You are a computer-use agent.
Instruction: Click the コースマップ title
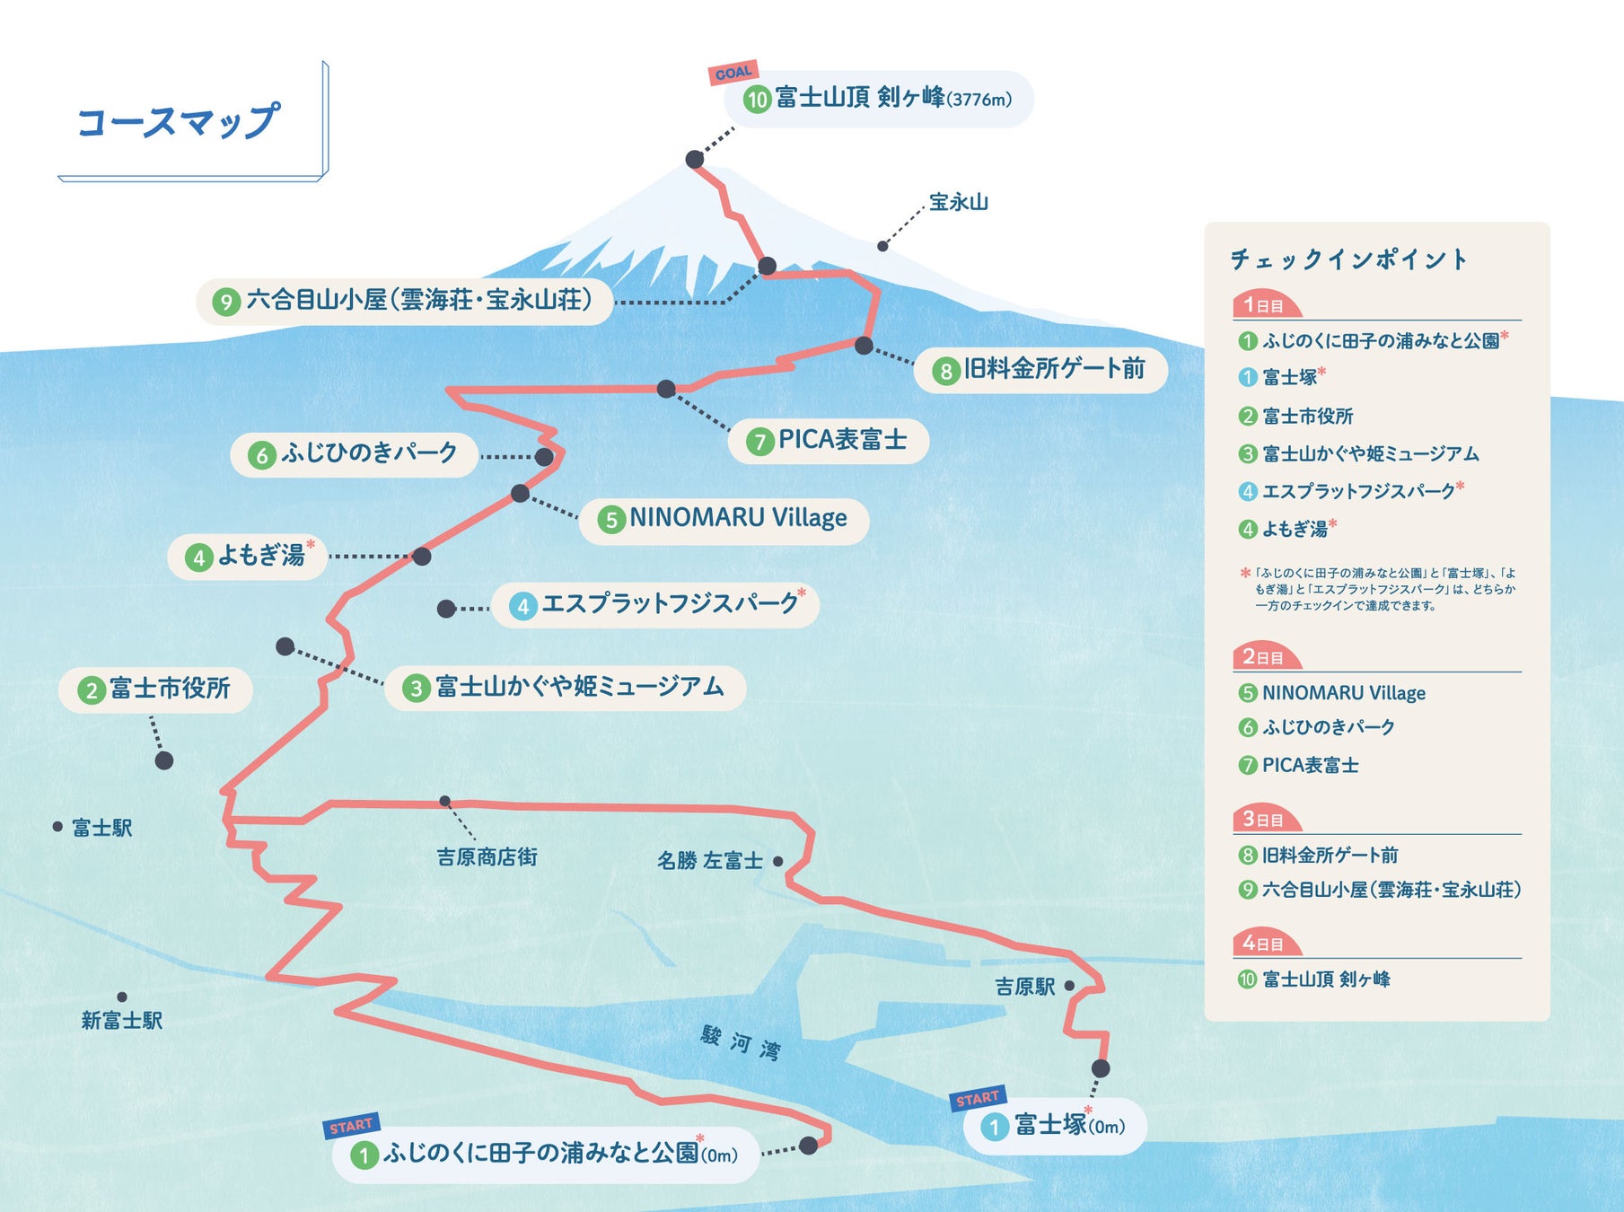(x=178, y=121)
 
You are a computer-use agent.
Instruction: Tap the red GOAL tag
(x=733, y=73)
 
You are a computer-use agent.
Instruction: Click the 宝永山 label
(x=958, y=202)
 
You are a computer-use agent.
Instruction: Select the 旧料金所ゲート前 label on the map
(x=1054, y=369)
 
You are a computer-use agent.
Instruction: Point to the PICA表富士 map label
(x=841, y=440)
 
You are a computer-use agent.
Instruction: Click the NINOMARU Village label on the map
(x=737, y=518)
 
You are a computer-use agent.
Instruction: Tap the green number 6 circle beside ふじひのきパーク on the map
(x=261, y=455)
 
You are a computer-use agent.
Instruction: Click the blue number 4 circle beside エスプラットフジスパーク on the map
(x=522, y=606)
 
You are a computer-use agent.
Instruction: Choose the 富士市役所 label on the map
(x=169, y=689)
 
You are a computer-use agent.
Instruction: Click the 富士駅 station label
(x=101, y=828)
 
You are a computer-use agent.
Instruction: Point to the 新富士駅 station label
(x=122, y=1021)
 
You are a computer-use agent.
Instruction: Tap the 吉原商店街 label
(x=487, y=857)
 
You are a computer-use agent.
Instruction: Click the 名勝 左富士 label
(x=709, y=861)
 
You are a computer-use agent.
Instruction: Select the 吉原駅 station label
(x=1024, y=987)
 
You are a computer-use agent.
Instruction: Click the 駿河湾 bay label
(x=741, y=1043)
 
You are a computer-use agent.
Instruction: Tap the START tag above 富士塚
(x=978, y=1098)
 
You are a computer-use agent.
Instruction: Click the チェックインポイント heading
(x=1348, y=259)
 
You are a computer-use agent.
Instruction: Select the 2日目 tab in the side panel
(x=1263, y=657)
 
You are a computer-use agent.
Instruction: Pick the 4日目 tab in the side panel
(x=1263, y=944)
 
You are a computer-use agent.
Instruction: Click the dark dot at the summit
(x=695, y=159)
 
